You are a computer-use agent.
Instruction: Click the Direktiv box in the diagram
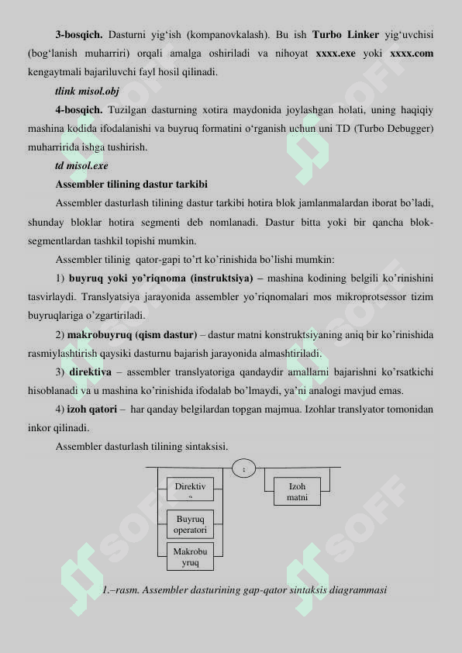pos(190,489)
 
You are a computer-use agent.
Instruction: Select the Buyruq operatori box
pos(190,523)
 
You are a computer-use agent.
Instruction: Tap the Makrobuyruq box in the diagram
pos(190,556)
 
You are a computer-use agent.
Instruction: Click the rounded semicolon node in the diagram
pos(243,468)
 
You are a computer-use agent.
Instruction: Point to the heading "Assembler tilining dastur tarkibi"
pos(131,185)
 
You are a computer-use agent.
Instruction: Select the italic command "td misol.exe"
pos(81,166)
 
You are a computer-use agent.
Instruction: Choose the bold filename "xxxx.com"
pos(412,54)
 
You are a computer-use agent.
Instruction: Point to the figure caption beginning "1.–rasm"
pos(244,590)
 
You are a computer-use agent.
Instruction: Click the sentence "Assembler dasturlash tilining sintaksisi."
pos(142,447)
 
